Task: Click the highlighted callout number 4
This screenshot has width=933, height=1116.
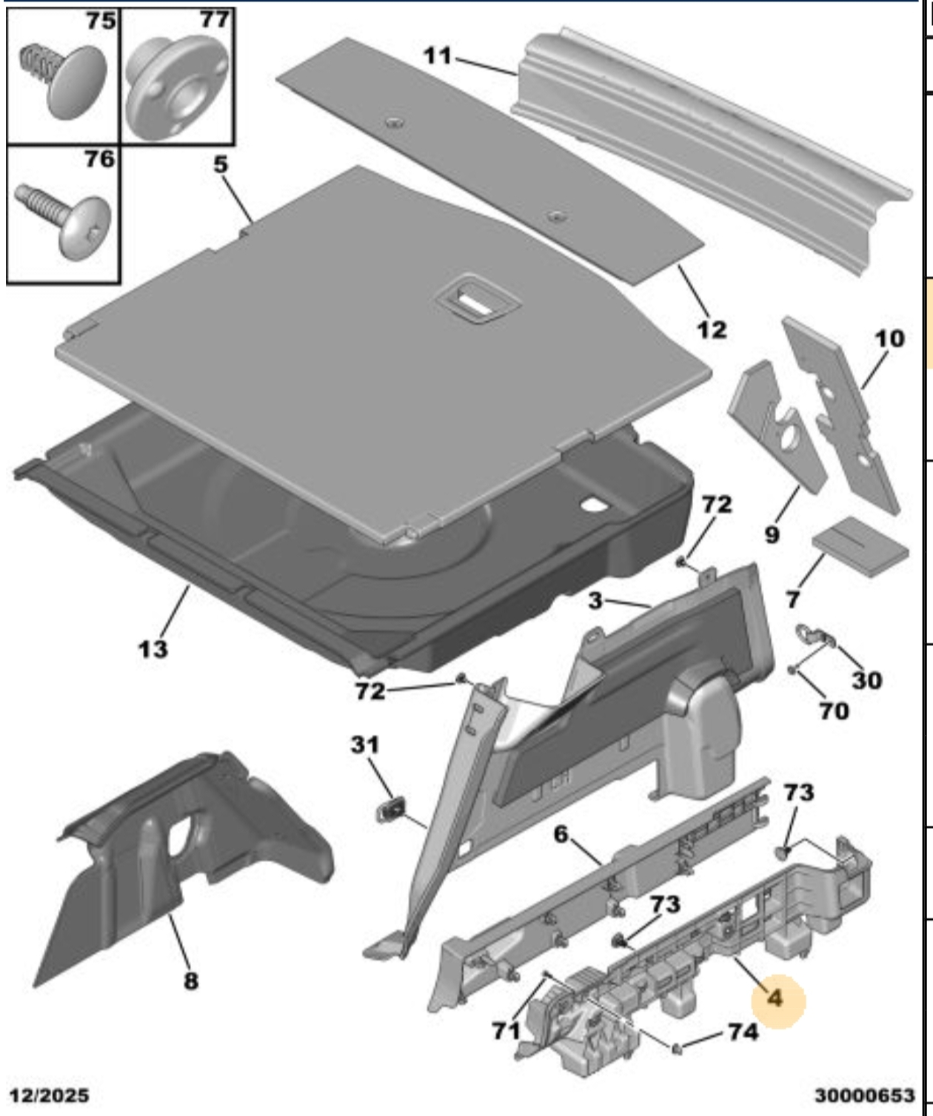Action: (775, 998)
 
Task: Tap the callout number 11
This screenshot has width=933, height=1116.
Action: (437, 55)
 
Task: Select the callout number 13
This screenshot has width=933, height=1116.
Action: (153, 649)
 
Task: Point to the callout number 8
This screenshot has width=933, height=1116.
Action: (190, 981)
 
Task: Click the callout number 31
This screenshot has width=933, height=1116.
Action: (364, 744)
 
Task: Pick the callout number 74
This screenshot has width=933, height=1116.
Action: (743, 1031)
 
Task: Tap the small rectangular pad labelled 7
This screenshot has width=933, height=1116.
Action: (860, 548)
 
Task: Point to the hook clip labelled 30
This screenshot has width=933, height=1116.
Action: (813, 635)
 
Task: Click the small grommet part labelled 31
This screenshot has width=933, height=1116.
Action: (391, 808)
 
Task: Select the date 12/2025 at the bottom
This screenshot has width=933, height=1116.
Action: (49, 1095)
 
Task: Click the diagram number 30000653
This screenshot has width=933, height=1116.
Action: (865, 1095)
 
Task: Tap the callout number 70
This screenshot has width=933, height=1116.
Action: (833, 710)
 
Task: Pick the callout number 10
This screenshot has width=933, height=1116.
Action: (889, 338)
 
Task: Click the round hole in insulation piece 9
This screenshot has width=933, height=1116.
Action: (786, 438)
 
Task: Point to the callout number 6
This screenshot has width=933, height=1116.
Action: (561, 835)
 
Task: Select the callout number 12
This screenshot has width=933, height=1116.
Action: (712, 329)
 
